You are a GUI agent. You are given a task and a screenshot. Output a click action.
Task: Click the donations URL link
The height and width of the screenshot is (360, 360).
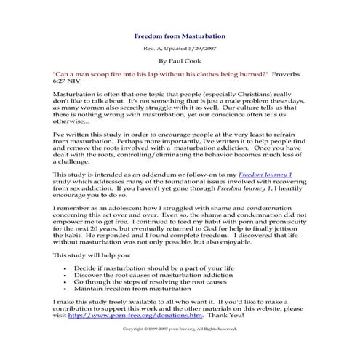coord(135,316)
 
